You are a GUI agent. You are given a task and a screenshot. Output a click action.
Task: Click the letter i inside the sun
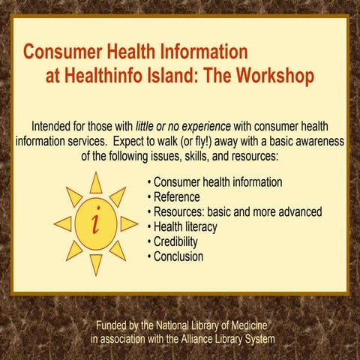[96, 223]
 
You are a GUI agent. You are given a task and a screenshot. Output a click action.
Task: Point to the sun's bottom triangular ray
[96, 263]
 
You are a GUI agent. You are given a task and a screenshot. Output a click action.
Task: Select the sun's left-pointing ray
[63, 223]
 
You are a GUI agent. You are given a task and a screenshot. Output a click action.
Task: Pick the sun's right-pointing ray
[129, 223]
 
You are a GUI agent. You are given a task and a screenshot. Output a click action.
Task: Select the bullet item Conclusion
[178, 257]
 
